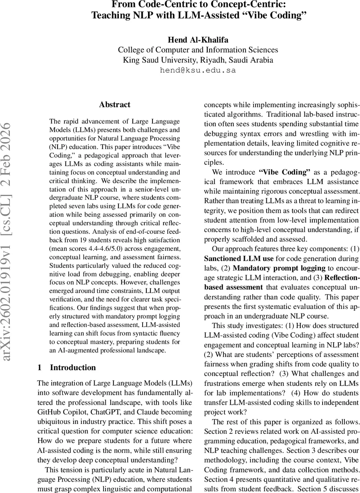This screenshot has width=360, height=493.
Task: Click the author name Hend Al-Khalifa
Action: point(198,39)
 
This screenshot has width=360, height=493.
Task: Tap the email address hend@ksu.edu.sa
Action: point(198,70)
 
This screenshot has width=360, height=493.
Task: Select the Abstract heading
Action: point(115,104)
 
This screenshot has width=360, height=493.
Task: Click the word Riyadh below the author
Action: point(213,60)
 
